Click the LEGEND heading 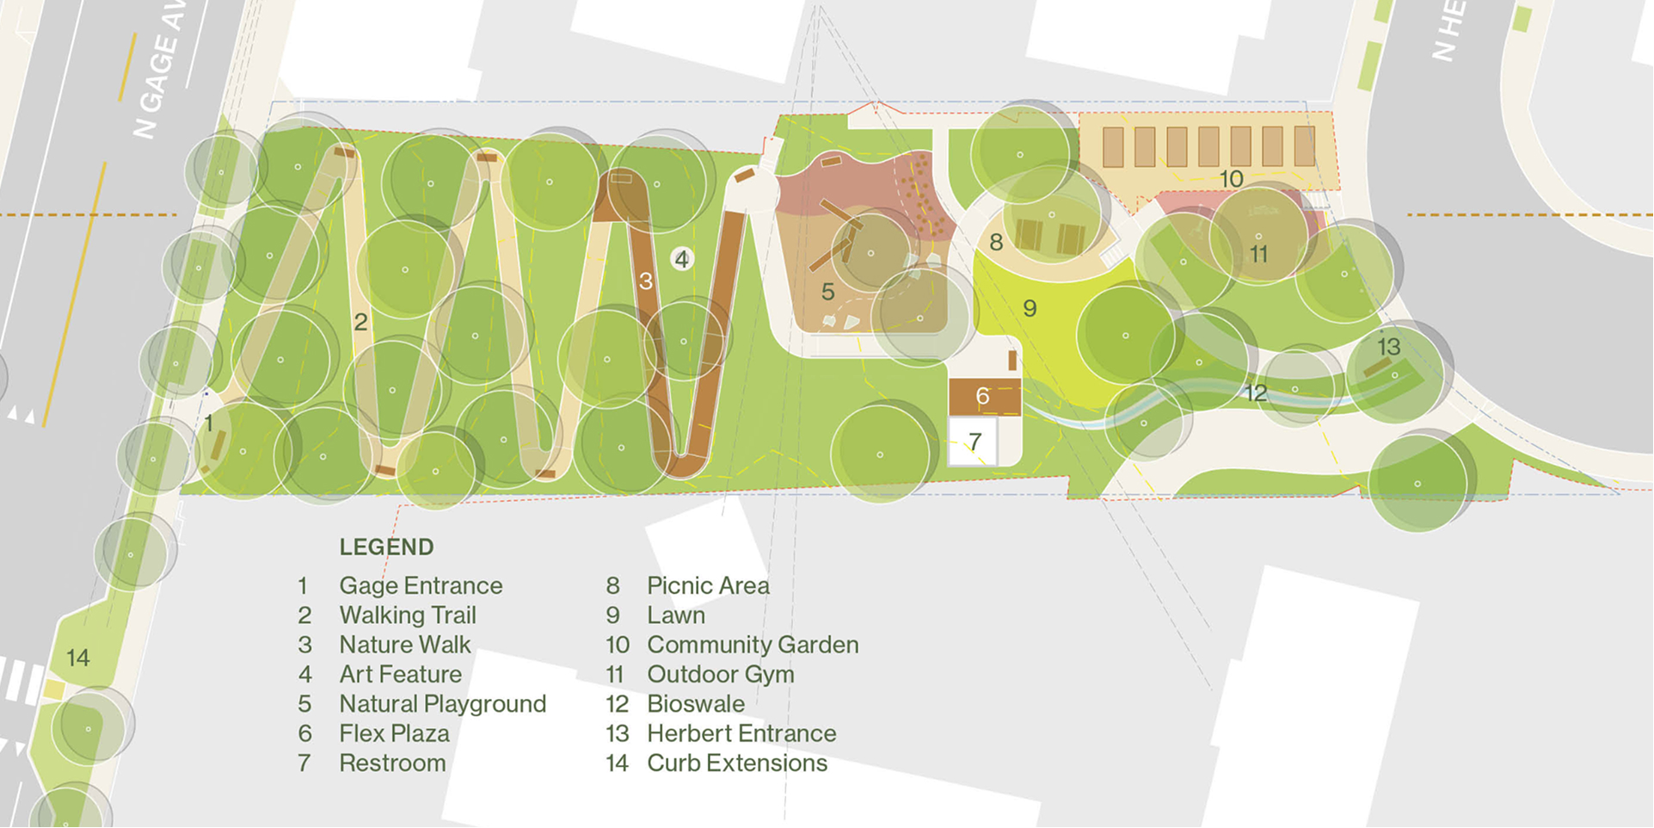point(386,547)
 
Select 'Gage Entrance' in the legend point(421,586)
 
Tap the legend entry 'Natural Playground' point(442,704)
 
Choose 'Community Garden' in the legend point(753,645)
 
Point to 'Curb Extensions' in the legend point(737,763)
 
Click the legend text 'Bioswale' point(696,704)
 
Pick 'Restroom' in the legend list point(392,763)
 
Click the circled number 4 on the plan point(682,258)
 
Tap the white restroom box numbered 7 point(974,442)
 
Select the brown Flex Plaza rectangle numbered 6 point(984,397)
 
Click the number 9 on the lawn point(1030,308)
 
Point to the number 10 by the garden point(1231,179)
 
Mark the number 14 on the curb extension point(78,658)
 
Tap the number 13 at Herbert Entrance point(1388,347)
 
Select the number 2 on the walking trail point(360,322)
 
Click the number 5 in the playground point(827,292)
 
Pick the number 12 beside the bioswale point(1255,393)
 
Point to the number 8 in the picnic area point(996,243)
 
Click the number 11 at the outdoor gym point(1259,255)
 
